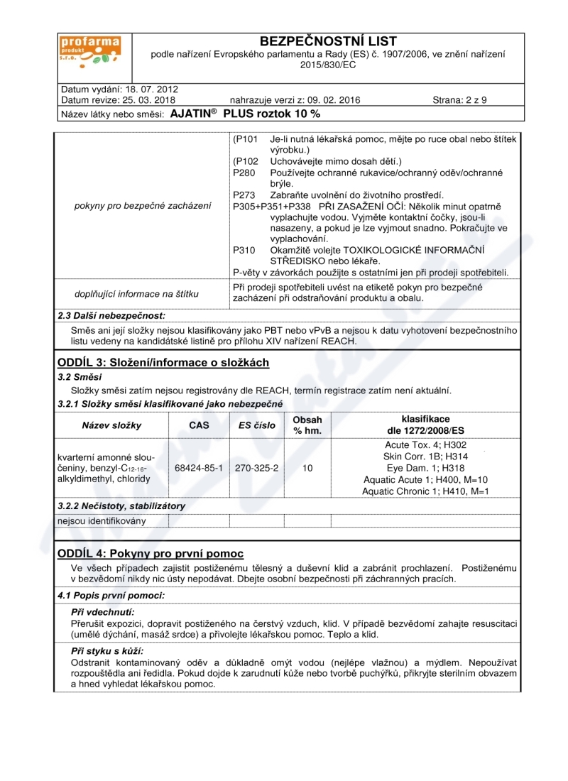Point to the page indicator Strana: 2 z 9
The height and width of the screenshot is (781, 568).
click(x=459, y=100)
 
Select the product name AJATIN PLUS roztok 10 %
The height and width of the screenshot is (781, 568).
click(x=246, y=114)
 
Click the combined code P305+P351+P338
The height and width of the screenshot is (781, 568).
click(x=271, y=206)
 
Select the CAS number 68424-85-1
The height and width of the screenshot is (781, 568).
click(x=199, y=469)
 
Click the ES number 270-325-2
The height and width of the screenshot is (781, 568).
click(x=256, y=469)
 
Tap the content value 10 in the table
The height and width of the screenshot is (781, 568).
click(x=307, y=469)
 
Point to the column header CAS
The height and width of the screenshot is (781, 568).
click(x=199, y=425)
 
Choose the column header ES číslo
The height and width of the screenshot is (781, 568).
click(x=256, y=425)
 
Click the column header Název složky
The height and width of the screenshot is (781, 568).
click(x=112, y=425)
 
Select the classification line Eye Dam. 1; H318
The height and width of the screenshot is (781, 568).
click(x=425, y=468)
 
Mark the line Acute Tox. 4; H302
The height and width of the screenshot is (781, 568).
click(x=425, y=444)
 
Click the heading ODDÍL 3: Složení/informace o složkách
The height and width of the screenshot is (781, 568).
click(x=163, y=363)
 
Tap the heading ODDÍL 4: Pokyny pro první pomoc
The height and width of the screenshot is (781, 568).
click(x=151, y=553)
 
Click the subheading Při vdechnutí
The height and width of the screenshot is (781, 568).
click(x=103, y=611)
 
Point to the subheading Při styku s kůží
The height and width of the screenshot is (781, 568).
click(x=107, y=650)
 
